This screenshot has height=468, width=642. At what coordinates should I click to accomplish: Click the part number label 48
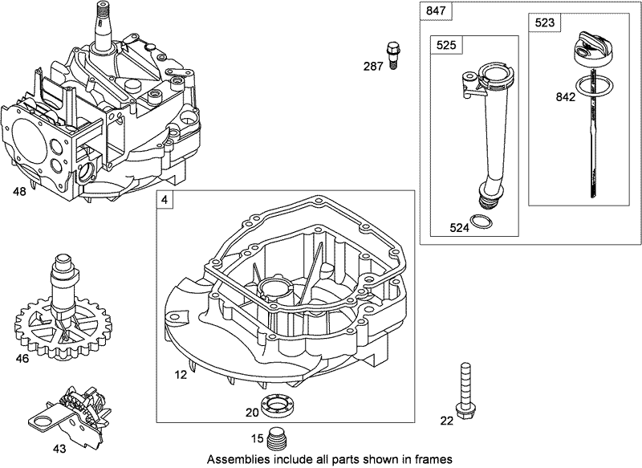[x=18, y=192]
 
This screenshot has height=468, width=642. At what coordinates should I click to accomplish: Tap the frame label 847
[x=434, y=10]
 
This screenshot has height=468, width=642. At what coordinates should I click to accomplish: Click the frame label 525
[x=445, y=46]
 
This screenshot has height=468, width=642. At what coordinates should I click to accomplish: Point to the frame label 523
[x=543, y=23]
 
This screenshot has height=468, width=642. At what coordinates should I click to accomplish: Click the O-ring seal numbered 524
[x=479, y=222]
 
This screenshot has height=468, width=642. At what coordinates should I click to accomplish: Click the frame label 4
[x=165, y=199]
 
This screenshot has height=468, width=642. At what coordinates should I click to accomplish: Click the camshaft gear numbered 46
[x=62, y=317]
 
